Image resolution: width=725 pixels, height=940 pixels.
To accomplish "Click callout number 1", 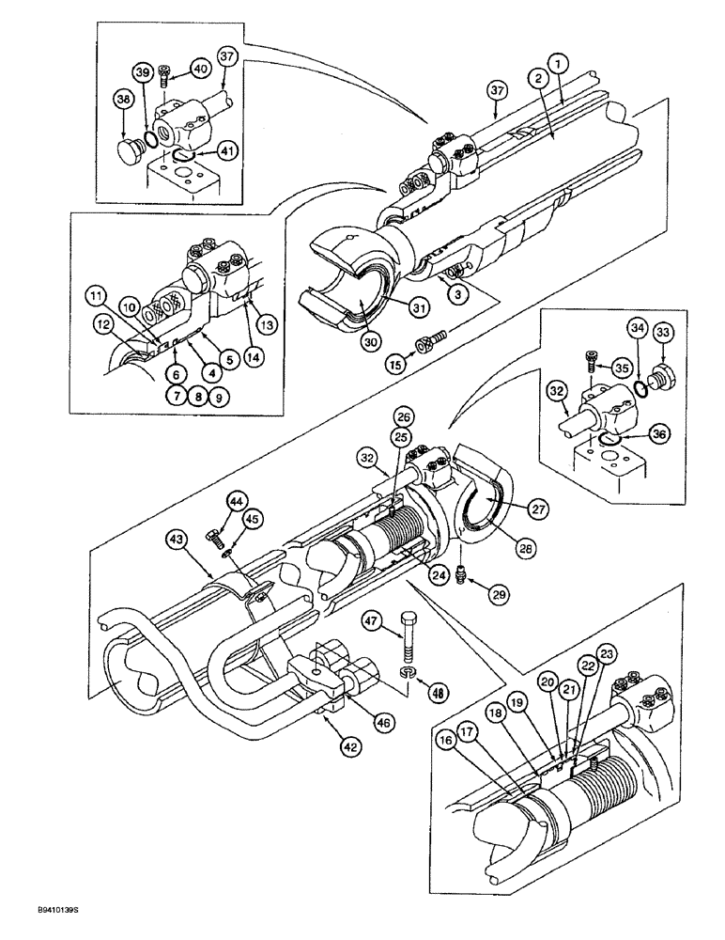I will coord(561,64).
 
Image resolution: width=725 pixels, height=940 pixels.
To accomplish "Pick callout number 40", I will coord(202,67).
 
